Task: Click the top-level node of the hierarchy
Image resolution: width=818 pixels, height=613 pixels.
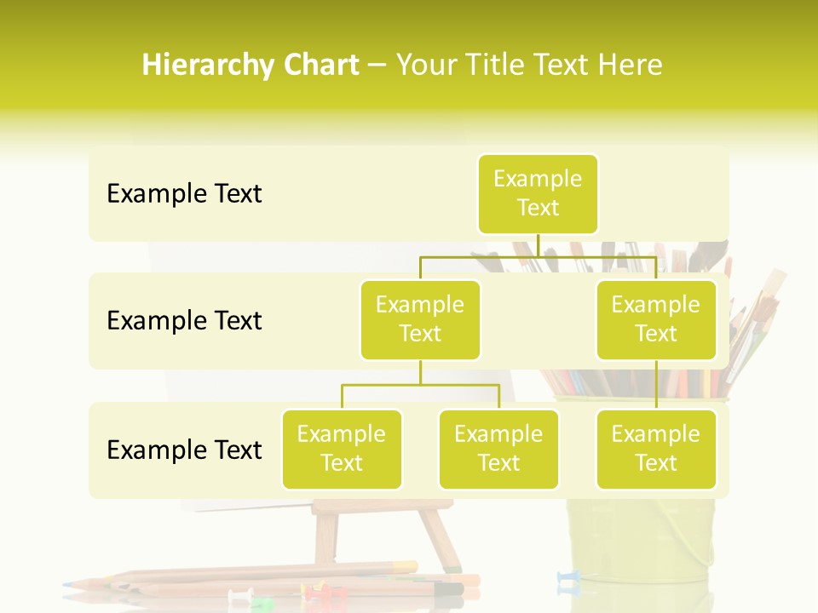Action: point(538,194)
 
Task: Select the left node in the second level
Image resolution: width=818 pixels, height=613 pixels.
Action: point(420,320)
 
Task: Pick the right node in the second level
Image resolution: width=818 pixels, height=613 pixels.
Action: point(656,320)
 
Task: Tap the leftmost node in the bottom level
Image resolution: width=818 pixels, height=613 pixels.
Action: point(342,450)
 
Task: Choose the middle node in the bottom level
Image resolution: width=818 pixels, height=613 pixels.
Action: point(498,450)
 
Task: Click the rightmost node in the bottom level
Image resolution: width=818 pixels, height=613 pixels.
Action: point(656,450)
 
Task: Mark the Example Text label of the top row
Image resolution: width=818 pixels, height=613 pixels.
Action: point(184,194)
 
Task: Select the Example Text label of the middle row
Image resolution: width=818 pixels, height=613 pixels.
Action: point(184,321)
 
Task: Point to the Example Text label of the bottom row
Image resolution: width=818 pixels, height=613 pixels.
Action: point(184,450)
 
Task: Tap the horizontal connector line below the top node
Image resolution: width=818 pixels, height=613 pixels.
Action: point(538,255)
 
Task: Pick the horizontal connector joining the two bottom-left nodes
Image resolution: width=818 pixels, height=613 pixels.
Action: point(420,385)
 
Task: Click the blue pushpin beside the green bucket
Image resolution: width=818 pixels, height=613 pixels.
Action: point(567,579)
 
